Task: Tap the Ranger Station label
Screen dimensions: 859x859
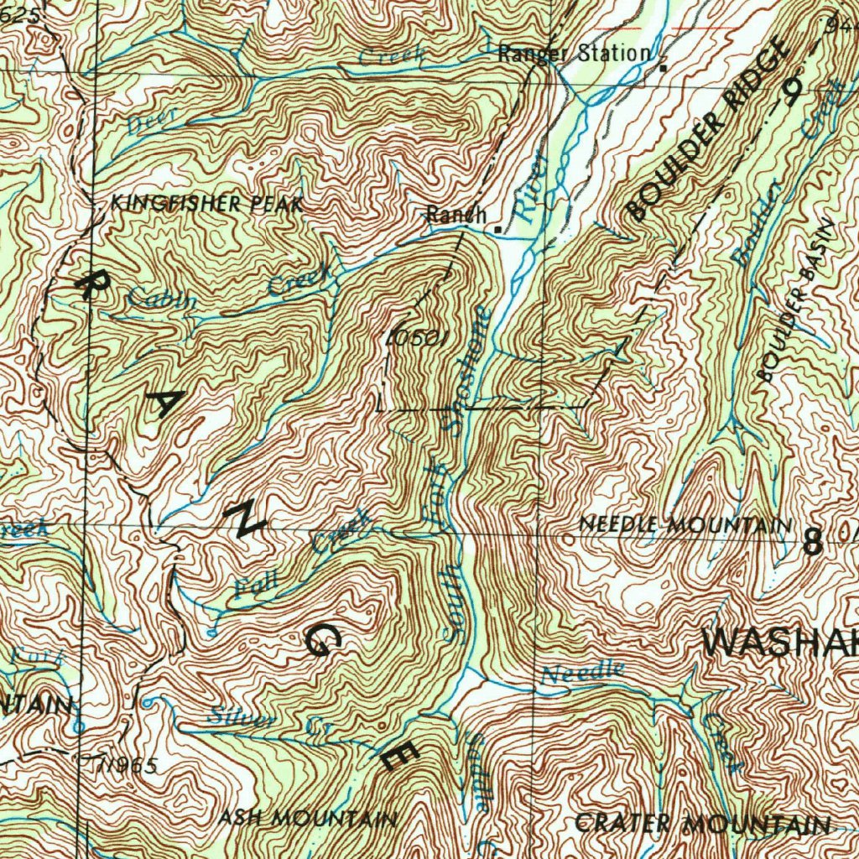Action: click(x=574, y=54)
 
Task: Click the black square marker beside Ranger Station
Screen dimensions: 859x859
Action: click(x=663, y=66)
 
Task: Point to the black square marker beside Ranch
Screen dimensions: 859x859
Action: click(x=498, y=228)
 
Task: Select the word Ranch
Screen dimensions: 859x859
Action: click(x=456, y=215)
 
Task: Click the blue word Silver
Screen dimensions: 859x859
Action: click(x=242, y=718)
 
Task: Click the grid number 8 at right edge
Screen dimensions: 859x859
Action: click(x=812, y=543)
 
